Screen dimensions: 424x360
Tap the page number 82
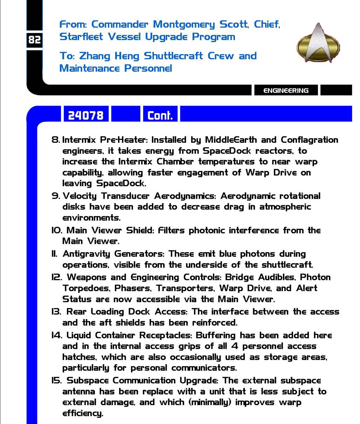tap(34, 40)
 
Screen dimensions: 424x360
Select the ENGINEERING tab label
tap(286, 91)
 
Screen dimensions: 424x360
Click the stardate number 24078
tap(86, 115)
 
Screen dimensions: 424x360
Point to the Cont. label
tap(160, 115)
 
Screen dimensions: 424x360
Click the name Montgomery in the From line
tap(184, 24)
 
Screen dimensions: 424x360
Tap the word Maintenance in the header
tap(90, 68)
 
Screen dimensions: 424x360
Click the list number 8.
tap(55, 140)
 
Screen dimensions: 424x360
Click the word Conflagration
tap(309, 140)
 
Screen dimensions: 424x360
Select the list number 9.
tap(55, 196)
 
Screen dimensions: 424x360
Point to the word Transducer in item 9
tap(125, 196)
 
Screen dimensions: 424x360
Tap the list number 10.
tap(57, 231)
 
